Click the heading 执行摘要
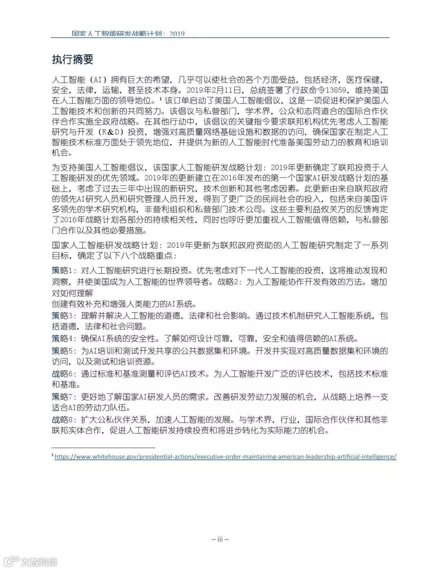click(73, 60)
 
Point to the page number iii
click(220, 539)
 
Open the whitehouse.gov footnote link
click(225, 457)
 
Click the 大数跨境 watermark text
click(39, 562)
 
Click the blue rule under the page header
click(220, 38)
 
